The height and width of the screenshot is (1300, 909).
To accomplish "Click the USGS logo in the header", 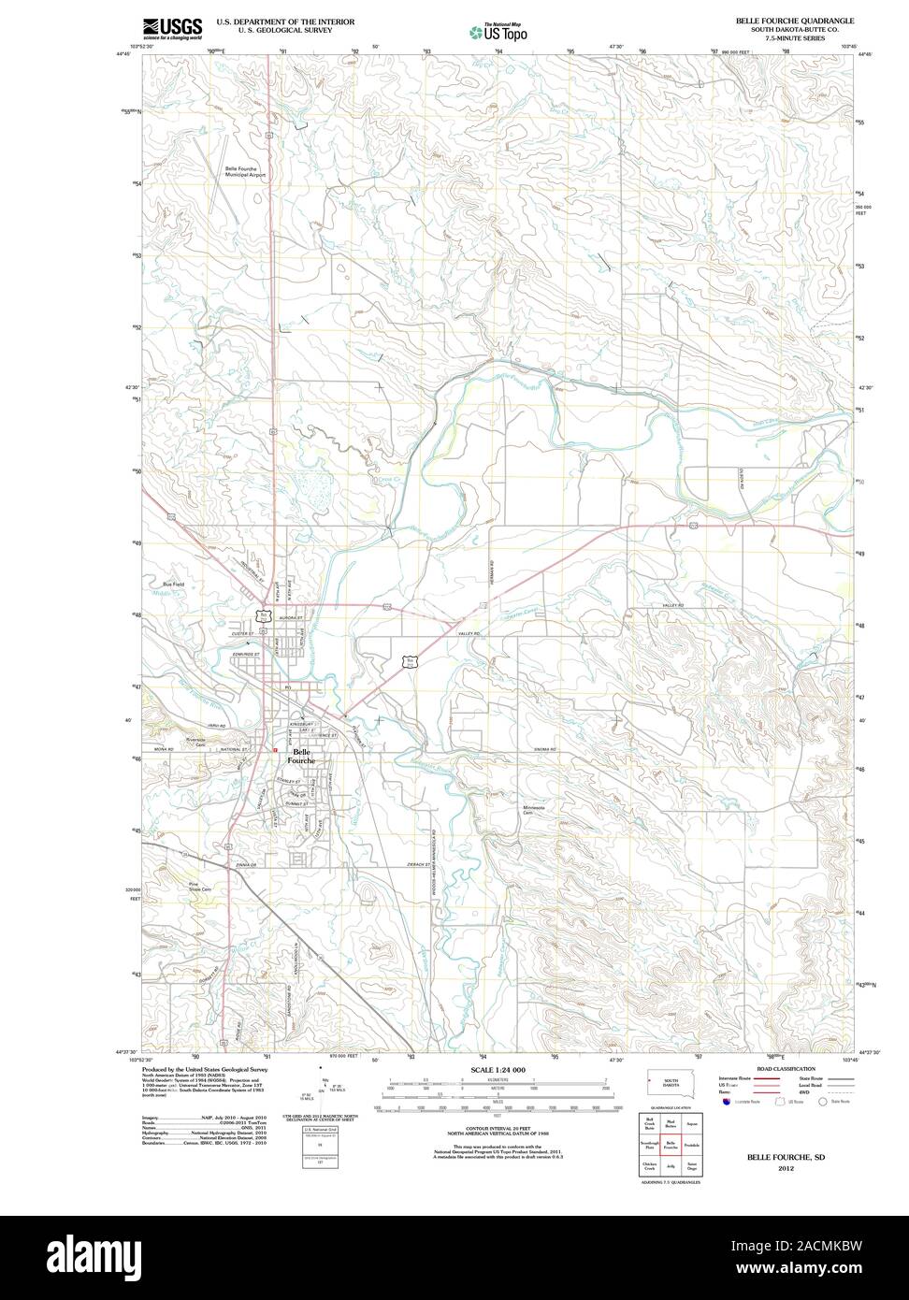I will (172, 28).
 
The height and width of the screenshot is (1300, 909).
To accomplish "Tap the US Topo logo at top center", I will (498, 31).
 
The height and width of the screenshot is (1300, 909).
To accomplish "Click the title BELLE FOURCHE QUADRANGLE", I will (793, 20).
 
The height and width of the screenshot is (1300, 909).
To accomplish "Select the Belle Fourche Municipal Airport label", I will (245, 171).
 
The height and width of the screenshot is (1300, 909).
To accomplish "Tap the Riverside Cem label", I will (195, 741).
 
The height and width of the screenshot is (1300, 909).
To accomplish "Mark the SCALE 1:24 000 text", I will (498, 1069).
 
